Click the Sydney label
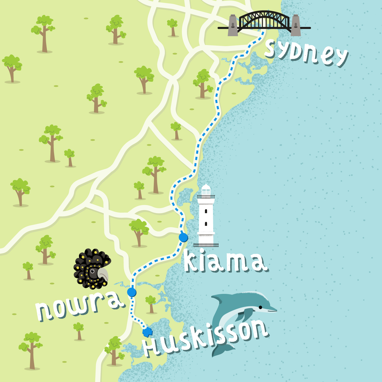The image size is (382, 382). pos(306,53)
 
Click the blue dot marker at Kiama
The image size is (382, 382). pos(183,237)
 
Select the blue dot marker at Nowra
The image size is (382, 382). pos(132,292)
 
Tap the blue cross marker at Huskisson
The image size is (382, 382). pos(147,332)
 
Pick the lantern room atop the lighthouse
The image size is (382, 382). pos(206,190)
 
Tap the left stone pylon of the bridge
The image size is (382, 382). pos(233,25)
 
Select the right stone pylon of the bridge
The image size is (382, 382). pos(296,25)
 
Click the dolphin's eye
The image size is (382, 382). pos(261,307)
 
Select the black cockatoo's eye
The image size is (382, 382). pos(92,271)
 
